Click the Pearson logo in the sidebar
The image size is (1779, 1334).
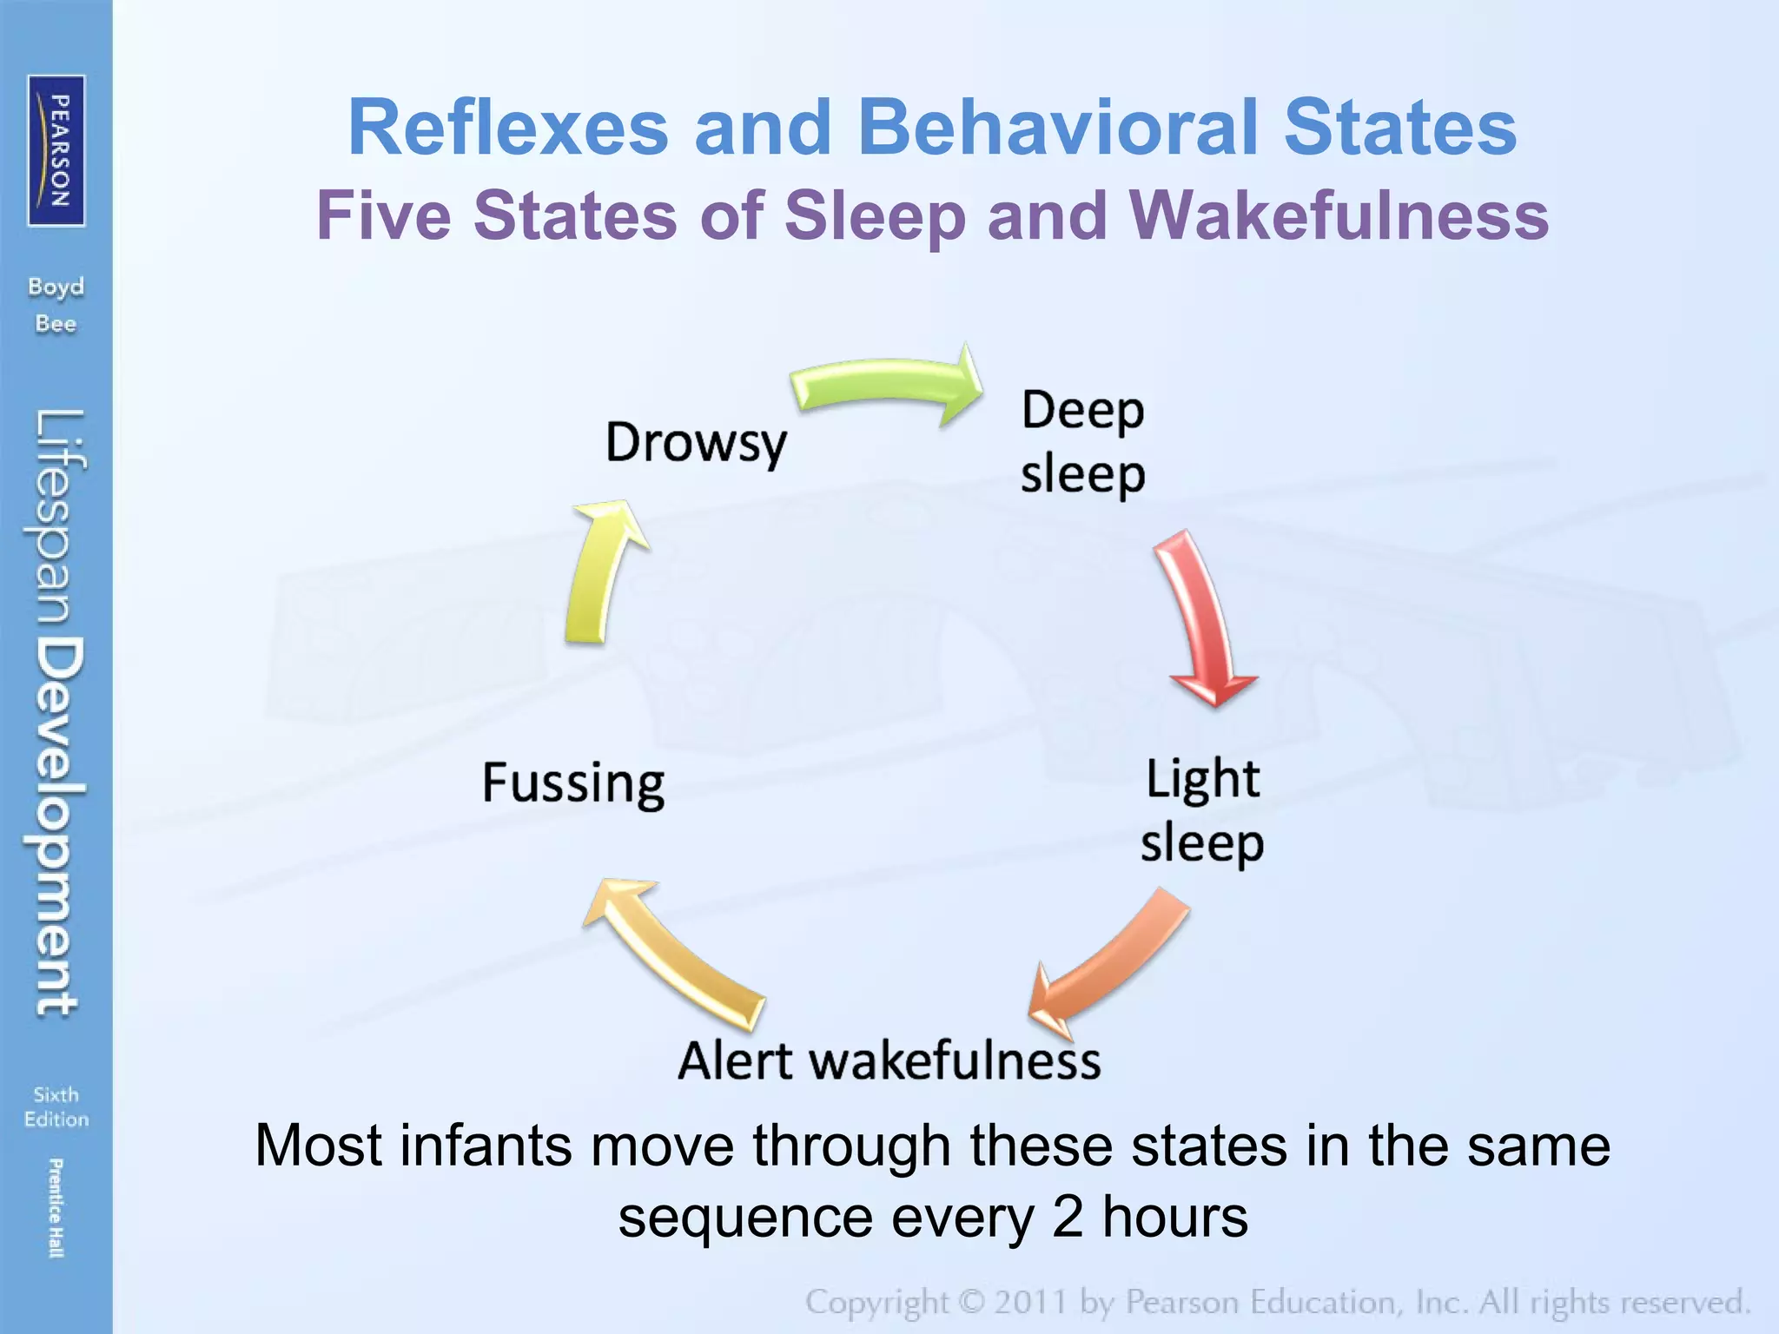pyautogui.click(x=56, y=150)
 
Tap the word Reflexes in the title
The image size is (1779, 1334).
pyautogui.click(x=507, y=128)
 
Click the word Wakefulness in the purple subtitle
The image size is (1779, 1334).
pyautogui.click(x=1338, y=215)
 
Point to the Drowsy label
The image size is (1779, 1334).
pyautogui.click(x=696, y=443)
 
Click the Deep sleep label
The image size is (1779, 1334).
pyautogui.click(x=1082, y=442)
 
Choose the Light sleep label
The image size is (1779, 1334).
pyautogui.click(x=1202, y=810)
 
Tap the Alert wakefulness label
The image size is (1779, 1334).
pyautogui.click(x=889, y=1060)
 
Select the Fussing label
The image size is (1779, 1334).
pyautogui.click(x=573, y=783)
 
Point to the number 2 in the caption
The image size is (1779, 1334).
pyautogui.click(x=1068, y=1218)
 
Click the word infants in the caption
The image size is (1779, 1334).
pyautogui.click(x=486, y=1146)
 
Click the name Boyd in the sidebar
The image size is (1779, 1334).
pyautogui.click(x=56, y=287)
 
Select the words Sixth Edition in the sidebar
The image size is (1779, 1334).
pyautogui.click(x=56, y=1106)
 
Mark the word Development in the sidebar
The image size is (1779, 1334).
pyautogui.click(x=59, y=825)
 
